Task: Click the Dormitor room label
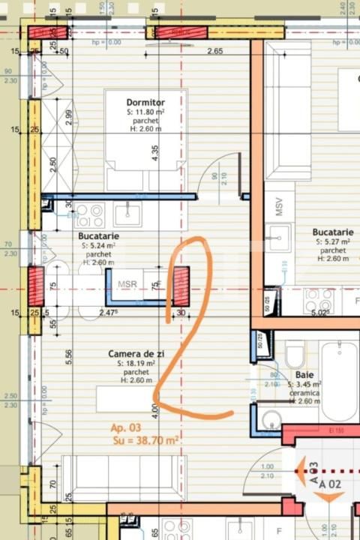click(145, 102)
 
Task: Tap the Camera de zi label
click(136, 353)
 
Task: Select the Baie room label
click(304, 373)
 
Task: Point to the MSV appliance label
click(278, 208)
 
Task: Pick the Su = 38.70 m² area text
click(145, 441)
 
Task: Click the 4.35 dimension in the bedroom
click(154, 153)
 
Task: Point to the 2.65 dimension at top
click(215, 52)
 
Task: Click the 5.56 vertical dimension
click(69, 357)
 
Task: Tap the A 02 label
click(331, 484)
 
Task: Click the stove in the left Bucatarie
click(88, 216)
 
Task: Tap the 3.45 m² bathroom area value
click(307, 383)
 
